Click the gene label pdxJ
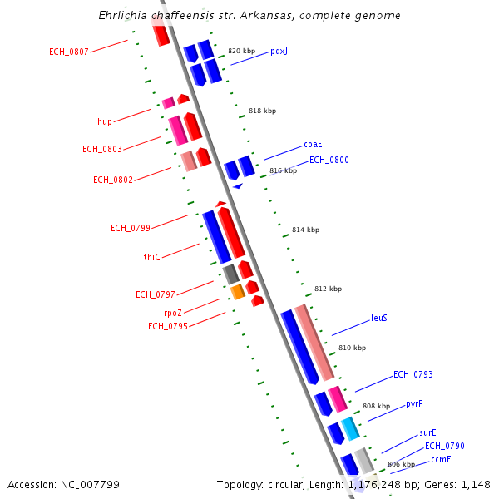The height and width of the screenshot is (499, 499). (x=279, y=51)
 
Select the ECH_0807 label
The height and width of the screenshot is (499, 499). (x=69, y=52)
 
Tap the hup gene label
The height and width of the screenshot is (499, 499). (x=105, y=122)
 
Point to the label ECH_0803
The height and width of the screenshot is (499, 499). (x=102, y=150)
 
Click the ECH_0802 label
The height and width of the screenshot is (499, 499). (x=113, y=180)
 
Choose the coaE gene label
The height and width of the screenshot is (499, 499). (x=313, y=144)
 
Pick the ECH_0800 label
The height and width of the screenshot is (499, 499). (x=329, y=160)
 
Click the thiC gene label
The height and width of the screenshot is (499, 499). (x=151, y=258)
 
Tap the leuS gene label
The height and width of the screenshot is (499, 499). (x=379, y=319)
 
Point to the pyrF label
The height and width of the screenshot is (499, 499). (x=414, y=404)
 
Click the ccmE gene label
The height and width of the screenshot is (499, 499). (x=441, y=459)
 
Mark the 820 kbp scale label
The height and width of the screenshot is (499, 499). (x=241, y=52)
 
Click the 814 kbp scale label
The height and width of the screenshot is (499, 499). (x=305, y=230)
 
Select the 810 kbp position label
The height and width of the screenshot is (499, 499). (x=352, y=348)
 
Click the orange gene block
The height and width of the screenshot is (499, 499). (x=237, y=292)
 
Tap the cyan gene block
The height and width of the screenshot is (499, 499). (x=350, y=428)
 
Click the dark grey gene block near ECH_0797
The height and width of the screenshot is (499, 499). (x=230, y=274)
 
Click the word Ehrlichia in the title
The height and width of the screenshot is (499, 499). (x=121, y=16)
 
